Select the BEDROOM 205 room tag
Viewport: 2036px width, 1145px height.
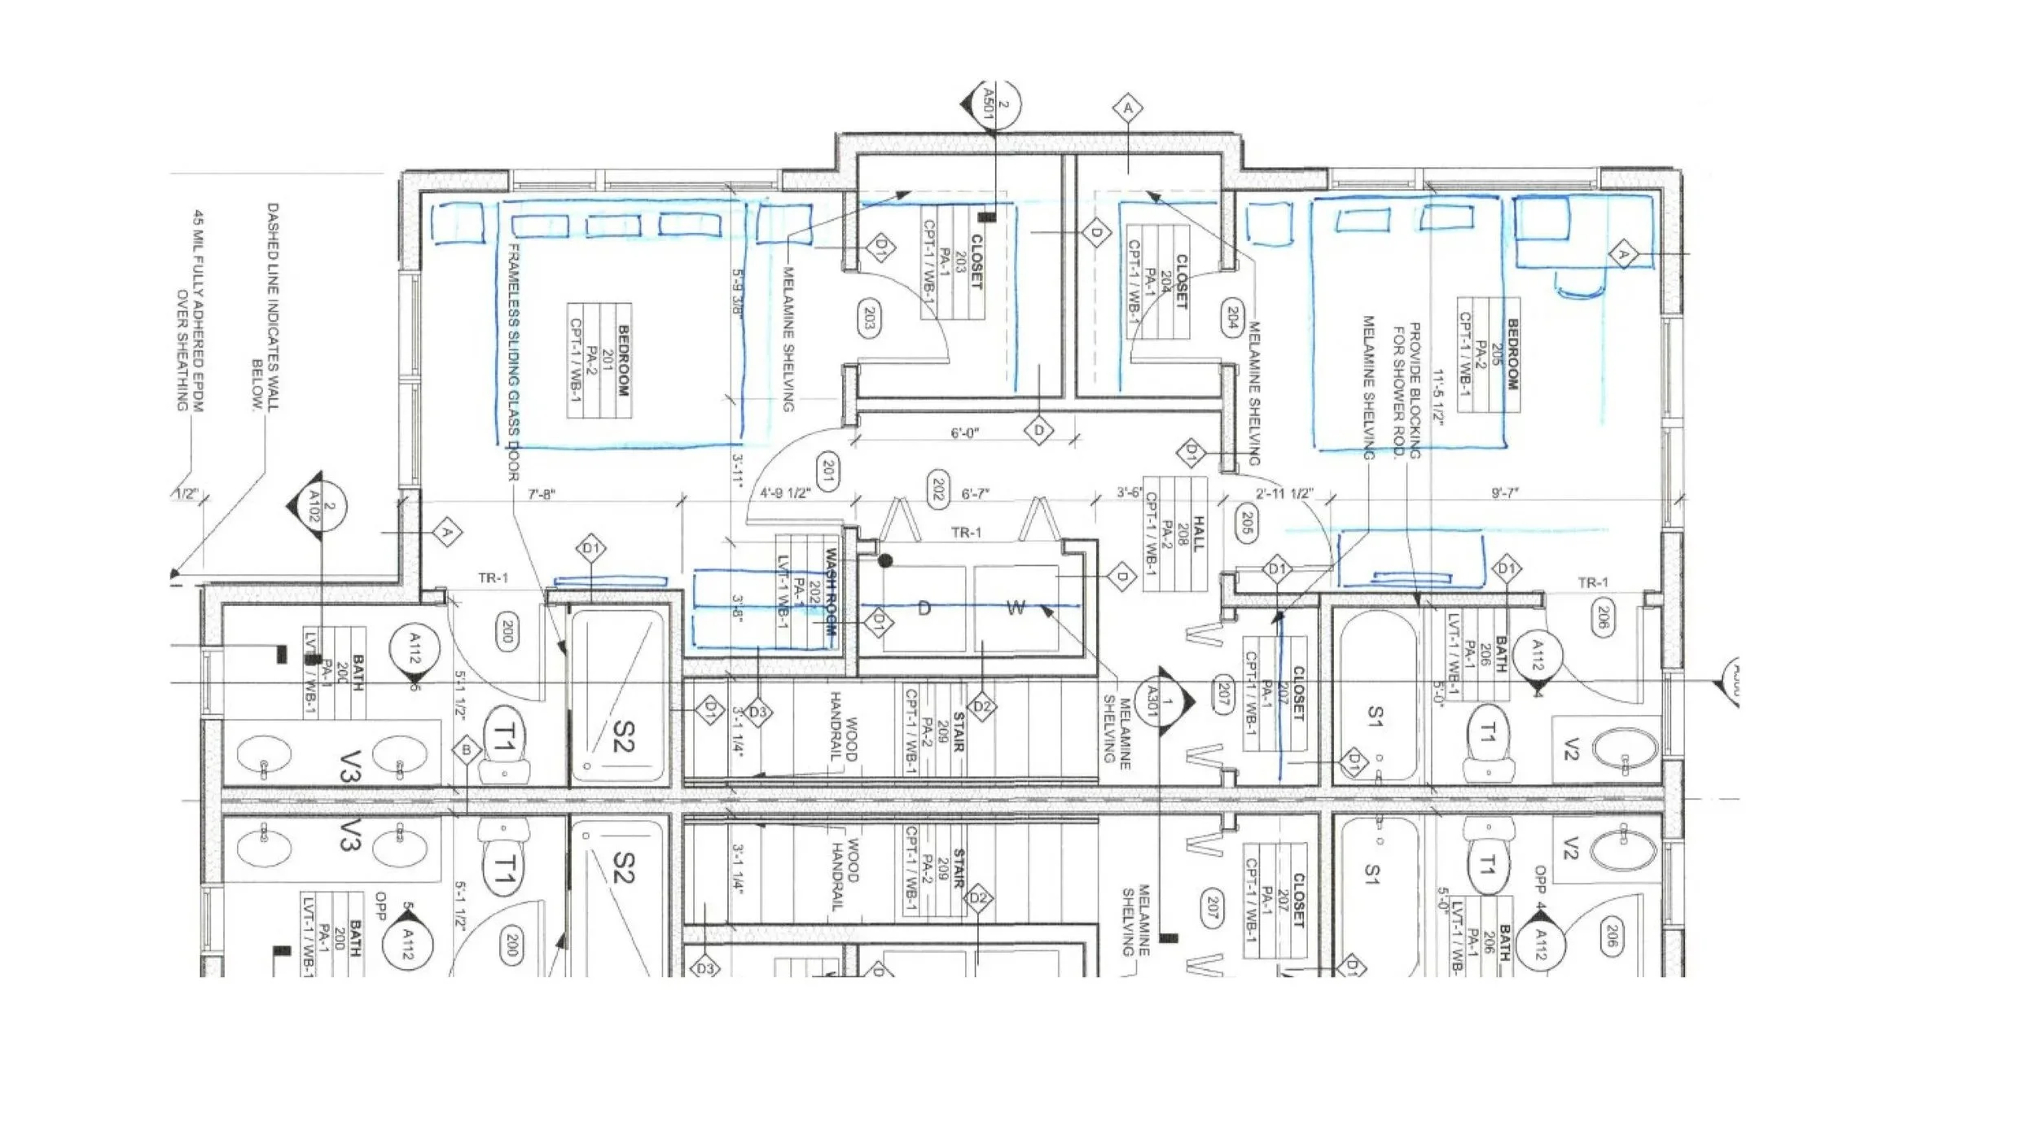pyautogui.click(x=1489, y=354)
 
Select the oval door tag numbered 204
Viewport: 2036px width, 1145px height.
pyautogui.click(x=1231, y=319)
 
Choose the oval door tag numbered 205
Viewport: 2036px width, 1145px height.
pyautogui.click(x=1244, y=523)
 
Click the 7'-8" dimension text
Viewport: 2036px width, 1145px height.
pyautogui.click(x=542, y=494)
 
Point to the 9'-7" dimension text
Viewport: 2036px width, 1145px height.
pyautogui.click(x=1504, y=494)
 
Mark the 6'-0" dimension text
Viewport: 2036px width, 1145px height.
pyautogui.click(x=965, y=434)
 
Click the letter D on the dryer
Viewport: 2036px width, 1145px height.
pyautogui.click(x=924, y=608)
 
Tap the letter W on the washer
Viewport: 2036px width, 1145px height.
pyautogui.click(x=1016, y=608)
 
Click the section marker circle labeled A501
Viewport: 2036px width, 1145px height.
pyautogui.click(x=996, y=104)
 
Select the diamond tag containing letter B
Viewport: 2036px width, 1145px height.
pyautogui.click(x=466, y=750)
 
